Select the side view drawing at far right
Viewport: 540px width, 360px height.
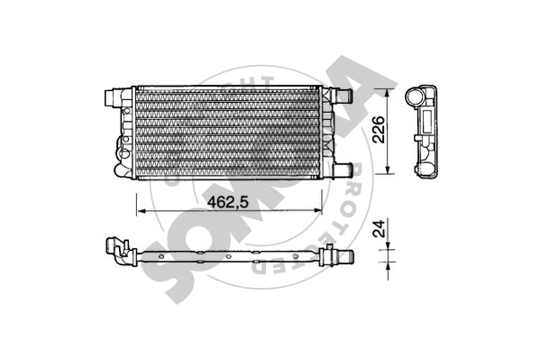[422, 132]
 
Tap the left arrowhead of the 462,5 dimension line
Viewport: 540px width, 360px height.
[140, 212]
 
